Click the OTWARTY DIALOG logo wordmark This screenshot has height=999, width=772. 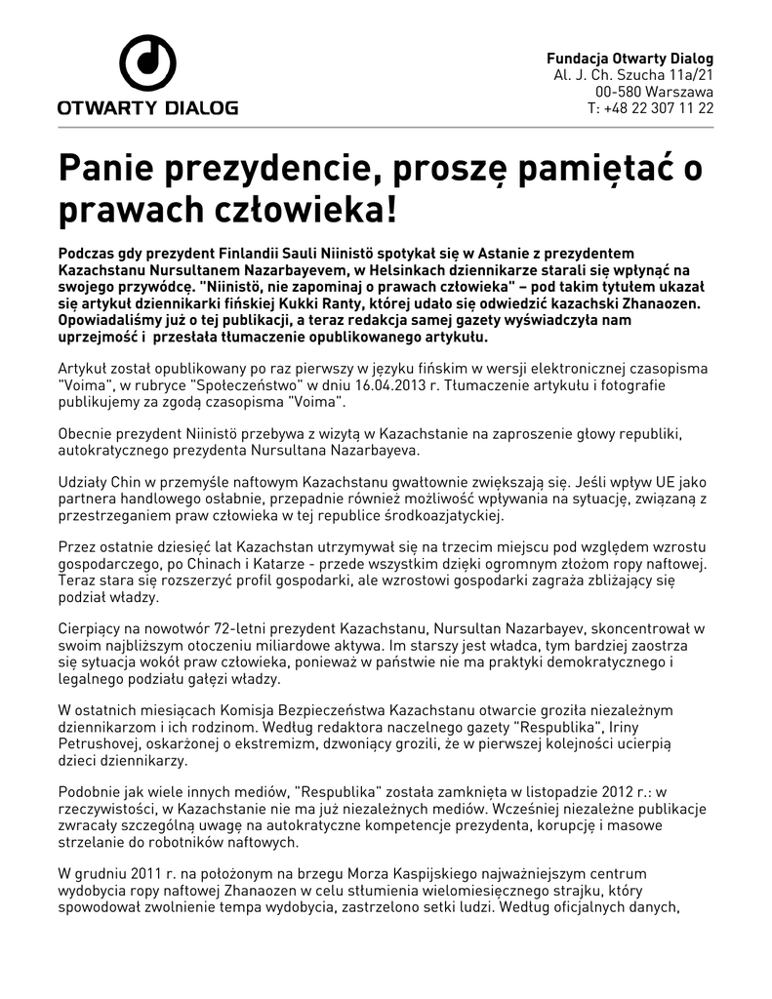[147, 107]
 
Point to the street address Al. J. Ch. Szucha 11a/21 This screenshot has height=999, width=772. [633, 74]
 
